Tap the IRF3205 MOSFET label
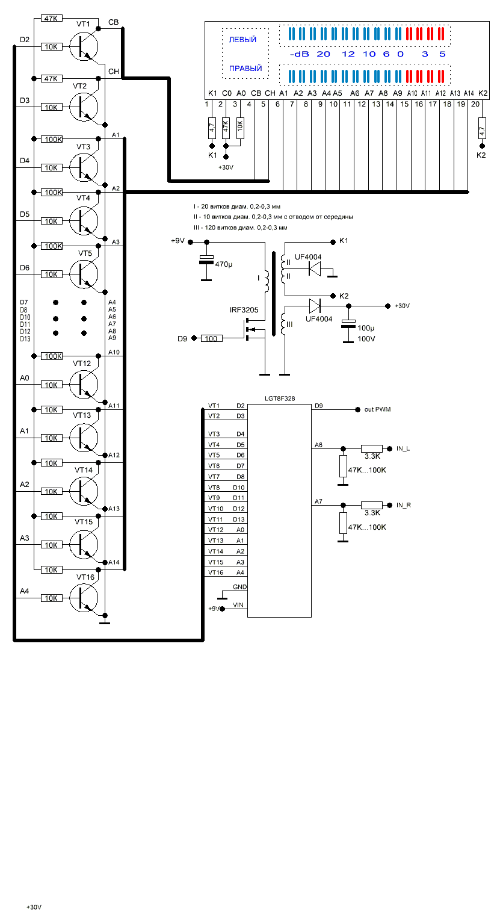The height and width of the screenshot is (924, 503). pos(244,310)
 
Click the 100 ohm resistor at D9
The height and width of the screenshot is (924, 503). pos(211,339)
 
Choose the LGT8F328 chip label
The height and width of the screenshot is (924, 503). pos(280,398)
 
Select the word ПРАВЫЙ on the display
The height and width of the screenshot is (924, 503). pos(245,69)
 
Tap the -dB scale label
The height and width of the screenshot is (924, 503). pos(299,54)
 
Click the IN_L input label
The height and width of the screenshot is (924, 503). pos(403,448)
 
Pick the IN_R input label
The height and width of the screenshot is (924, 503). pos(404,505)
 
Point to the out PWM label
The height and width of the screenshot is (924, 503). pos(377,409)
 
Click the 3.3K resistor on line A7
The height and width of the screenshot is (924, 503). pos(371,505)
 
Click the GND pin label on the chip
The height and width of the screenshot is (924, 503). pos(239,586)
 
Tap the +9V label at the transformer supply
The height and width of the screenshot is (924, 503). pos(179,241)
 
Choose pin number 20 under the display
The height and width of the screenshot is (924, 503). pos(475,104)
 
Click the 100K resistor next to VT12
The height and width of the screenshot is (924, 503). pos(52,356)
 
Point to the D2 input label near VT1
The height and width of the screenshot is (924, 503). pos(25,40)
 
